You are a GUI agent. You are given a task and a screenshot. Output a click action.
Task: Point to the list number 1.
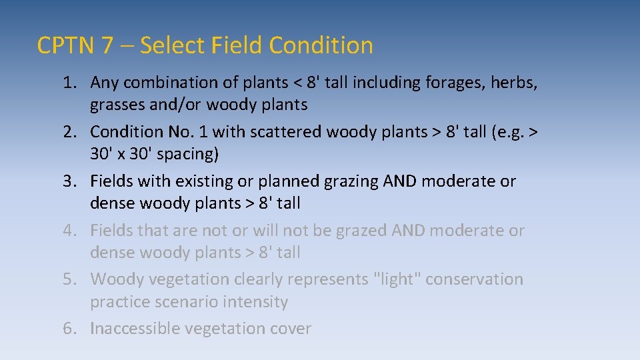69,83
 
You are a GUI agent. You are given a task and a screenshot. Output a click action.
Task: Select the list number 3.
69,181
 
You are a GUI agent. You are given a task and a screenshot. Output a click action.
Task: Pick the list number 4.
69,231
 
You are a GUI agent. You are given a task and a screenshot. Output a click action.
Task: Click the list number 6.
69,329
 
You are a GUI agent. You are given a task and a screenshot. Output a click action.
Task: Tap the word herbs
514,83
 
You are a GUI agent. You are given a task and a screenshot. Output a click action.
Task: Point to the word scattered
287,132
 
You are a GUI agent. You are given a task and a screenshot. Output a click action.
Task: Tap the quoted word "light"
396,279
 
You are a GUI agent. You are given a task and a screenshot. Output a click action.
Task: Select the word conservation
474,279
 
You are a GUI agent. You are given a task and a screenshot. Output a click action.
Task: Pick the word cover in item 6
289,329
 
